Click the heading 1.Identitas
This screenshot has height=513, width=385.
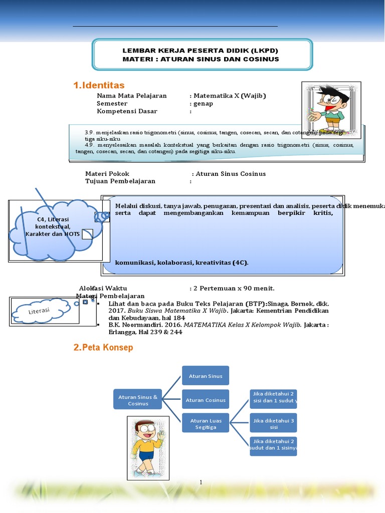coord(99,86)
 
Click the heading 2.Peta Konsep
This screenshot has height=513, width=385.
coord(103,348)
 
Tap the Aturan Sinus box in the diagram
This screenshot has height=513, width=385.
coord(205,376)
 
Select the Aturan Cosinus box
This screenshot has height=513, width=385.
coord(205,400)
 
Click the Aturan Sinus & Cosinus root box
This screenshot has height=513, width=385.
coord(138,400)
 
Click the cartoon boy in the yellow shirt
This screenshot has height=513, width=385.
coord(146,447)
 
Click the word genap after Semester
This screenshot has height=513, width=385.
coord(203,104)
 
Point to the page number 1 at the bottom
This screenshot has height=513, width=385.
coord(201,482)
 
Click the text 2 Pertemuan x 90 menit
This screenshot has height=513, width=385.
coord(235,288)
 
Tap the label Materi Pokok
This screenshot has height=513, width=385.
coord(107,174)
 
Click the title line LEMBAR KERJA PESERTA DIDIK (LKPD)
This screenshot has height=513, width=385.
coord(201,51)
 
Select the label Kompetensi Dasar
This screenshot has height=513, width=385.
coord(127,111)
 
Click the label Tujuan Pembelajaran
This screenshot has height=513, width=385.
coord(120,181)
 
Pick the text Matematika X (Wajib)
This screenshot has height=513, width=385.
coord(230,96)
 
